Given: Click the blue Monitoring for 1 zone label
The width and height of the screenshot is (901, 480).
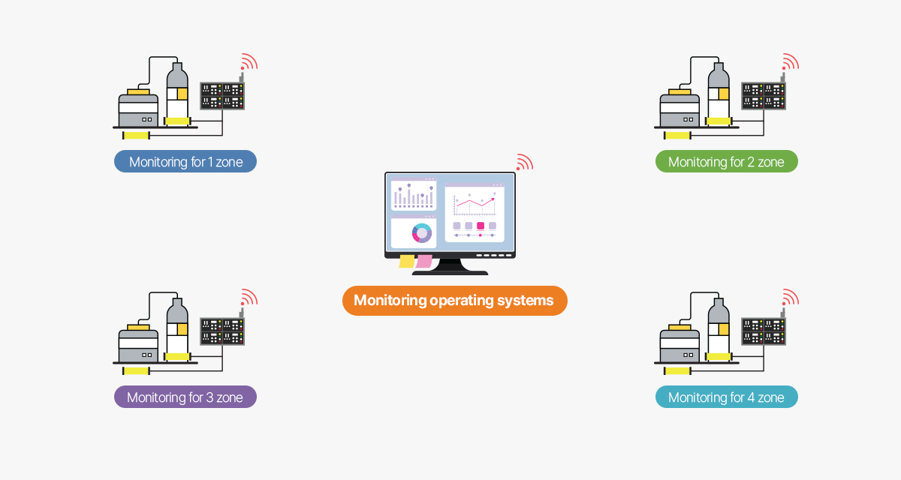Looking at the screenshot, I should [185, 161].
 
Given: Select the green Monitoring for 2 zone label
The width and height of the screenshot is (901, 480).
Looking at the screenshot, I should [726, 161].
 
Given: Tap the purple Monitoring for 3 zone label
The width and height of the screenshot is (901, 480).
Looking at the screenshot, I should [185, 397].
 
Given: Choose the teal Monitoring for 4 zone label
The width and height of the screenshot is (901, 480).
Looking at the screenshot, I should [726, 397].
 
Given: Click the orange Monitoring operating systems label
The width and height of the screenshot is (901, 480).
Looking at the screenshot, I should [454, 301].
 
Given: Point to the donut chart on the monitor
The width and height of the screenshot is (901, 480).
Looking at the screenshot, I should [422, 233].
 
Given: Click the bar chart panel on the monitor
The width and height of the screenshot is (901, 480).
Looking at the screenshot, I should [413, 196].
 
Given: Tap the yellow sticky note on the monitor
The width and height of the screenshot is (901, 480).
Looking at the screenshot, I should [407, 261].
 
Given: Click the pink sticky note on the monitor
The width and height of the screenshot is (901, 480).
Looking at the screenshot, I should [424, 261].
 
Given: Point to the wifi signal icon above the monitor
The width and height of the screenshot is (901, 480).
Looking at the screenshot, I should [524, 163].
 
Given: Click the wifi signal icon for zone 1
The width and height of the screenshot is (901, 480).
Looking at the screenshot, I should [249, 62].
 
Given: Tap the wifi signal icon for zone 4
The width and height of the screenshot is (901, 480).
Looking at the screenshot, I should [790, 298].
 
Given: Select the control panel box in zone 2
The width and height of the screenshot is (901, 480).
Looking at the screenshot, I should [764, 96].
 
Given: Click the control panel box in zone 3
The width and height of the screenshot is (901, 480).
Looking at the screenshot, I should [222, 331].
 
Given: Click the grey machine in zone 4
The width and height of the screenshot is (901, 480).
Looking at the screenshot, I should [680, 342].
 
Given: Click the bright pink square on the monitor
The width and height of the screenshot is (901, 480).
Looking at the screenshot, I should [481, 226].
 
